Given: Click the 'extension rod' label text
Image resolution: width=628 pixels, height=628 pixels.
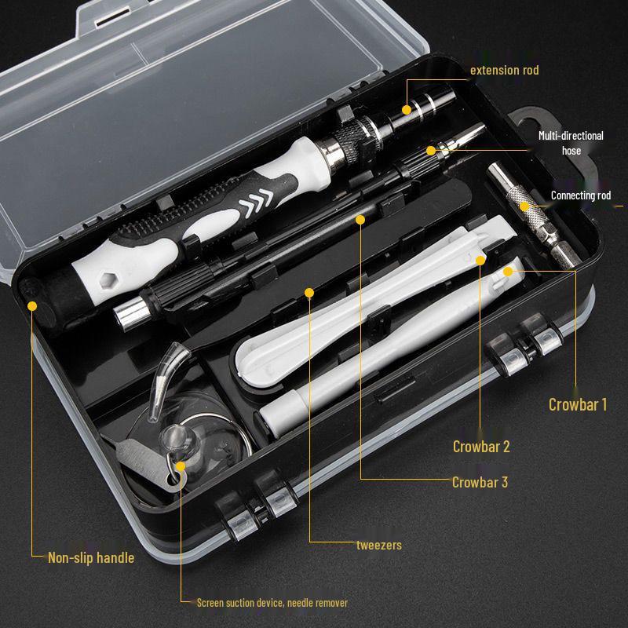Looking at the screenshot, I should pyautogui.click(x=504, y=71).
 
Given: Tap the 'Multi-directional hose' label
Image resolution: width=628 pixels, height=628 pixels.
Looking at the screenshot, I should pyautogui.click(x=571, y=142).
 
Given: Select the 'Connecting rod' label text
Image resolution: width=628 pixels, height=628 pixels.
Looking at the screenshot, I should pyautogui.click(x=580, y=195).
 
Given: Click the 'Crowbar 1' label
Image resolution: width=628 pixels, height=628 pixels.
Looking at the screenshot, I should pyautogui.click(x=578, y=405).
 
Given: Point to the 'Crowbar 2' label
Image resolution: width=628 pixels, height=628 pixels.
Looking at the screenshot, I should pyautogui.click(x=481, y=447).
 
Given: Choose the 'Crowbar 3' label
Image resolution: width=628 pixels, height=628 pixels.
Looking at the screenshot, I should pyautogui.click(x=480, y=482).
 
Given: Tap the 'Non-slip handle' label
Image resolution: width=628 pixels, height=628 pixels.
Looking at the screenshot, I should pyautogui.click(x=91, y=558).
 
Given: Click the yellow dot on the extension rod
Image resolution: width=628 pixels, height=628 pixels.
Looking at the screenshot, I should pyautogui.click(x=407, y=109).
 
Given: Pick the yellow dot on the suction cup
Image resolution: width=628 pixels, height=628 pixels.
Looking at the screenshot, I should pyautogui.click(x=181, y=466).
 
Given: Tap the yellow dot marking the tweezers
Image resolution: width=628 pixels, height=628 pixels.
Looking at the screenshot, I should pyautogui.click(x=309, y=294).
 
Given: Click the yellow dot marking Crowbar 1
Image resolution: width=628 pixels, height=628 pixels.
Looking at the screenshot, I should pyautogui.click(x=508, y=271).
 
